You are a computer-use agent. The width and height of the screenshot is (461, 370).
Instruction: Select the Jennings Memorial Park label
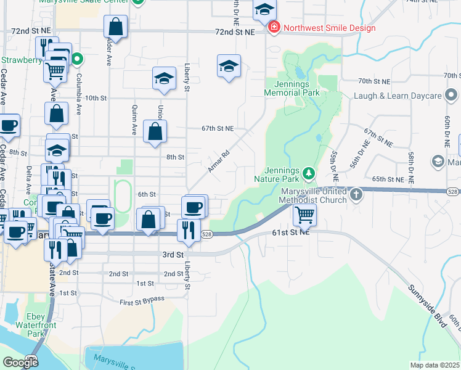pos(292,88)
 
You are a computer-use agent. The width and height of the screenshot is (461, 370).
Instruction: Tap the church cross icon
pos(356,195)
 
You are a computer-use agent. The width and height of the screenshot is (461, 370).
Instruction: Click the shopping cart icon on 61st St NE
pos(304,215)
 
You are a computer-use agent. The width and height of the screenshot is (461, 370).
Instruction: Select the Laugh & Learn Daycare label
pos(398,96)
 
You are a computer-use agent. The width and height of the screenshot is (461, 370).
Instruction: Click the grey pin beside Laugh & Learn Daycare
pos(452,96)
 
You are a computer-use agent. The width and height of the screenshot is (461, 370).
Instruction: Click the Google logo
pos(20,362)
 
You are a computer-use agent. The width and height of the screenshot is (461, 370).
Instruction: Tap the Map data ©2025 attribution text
pos(435,365)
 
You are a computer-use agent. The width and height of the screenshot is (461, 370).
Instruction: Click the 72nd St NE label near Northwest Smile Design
pos(235,31)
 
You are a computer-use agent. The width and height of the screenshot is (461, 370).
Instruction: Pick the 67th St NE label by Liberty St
pos(218,128)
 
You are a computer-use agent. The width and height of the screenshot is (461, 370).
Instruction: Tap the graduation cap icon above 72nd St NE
pos(264,9)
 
